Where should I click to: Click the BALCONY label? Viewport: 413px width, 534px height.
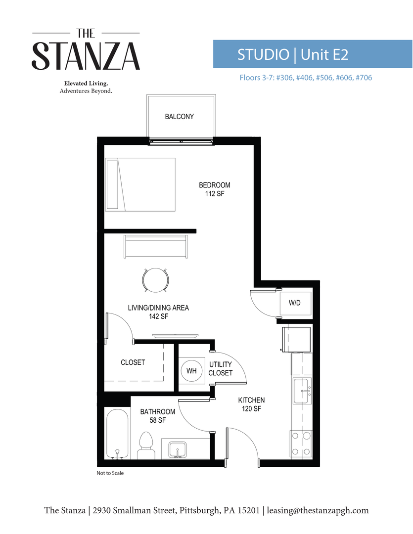(x=179, y=117)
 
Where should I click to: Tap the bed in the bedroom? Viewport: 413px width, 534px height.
(x=140, y=184)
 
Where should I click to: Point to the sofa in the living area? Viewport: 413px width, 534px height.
(x=156, y=246)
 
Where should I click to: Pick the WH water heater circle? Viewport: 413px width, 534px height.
(x=191, y=371)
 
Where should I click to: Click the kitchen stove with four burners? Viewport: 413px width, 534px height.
(x=301, y=444)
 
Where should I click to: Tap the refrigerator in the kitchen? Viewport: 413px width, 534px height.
(x=297, y=338)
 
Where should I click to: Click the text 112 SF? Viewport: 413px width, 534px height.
(x=215, y=194)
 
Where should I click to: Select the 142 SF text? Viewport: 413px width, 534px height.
(x=158, y=316)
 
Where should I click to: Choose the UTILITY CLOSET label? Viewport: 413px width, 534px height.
(x=220, y=369)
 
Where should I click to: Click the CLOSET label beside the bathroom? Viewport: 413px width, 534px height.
(x=133, y=362)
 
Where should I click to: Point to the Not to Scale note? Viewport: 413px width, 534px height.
(x=110, y=473)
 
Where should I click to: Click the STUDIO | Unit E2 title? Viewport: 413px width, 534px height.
(x=293, y=54)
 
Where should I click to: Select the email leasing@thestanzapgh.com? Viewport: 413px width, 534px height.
(x=318, y=510)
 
